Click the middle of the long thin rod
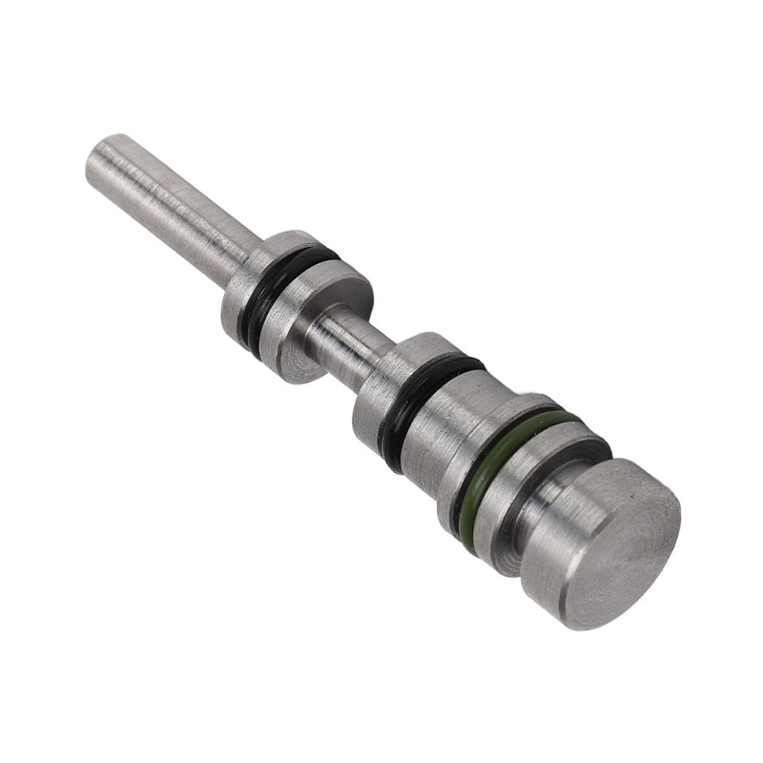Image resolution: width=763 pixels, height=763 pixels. point(172,206)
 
